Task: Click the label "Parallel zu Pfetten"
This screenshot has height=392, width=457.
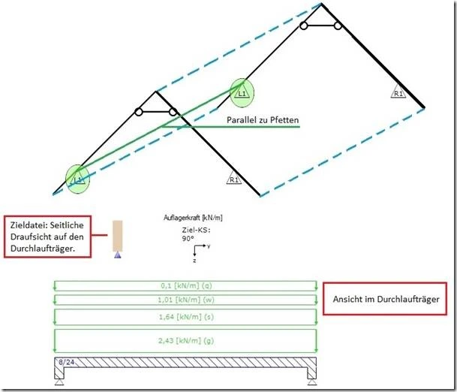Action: point(263,120)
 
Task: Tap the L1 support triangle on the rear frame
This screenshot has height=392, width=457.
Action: point(242,92)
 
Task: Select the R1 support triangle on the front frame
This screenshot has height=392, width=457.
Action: point(234,177)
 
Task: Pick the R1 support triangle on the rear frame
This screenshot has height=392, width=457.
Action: point(398,91)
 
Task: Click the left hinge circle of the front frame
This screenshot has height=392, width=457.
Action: point(139,112)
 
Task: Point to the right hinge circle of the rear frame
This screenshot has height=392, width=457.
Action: point(338,26)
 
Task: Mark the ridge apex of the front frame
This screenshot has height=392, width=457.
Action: point(156,92)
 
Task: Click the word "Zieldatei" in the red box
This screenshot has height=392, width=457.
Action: point(29,225)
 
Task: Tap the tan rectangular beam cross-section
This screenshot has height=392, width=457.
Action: point(118,236)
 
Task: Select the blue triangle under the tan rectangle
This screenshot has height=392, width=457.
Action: point(118,255)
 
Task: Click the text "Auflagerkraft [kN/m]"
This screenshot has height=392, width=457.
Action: point(193,218)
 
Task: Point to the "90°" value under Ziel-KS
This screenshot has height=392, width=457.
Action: point(188,238)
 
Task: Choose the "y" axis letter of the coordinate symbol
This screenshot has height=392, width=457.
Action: point(209,246)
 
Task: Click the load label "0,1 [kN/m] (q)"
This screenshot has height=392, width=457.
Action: point(186,285)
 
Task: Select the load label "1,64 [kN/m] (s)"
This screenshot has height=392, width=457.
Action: point(186,316)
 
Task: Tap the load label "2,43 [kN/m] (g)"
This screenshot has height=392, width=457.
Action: point(186,340)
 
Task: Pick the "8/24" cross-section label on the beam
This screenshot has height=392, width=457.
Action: point(67,362)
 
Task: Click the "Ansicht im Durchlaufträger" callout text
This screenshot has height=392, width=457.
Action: point(386,299)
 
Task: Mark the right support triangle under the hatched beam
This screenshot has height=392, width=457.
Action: point(312,381)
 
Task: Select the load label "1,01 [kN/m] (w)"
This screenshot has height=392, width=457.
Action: point(186,300)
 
